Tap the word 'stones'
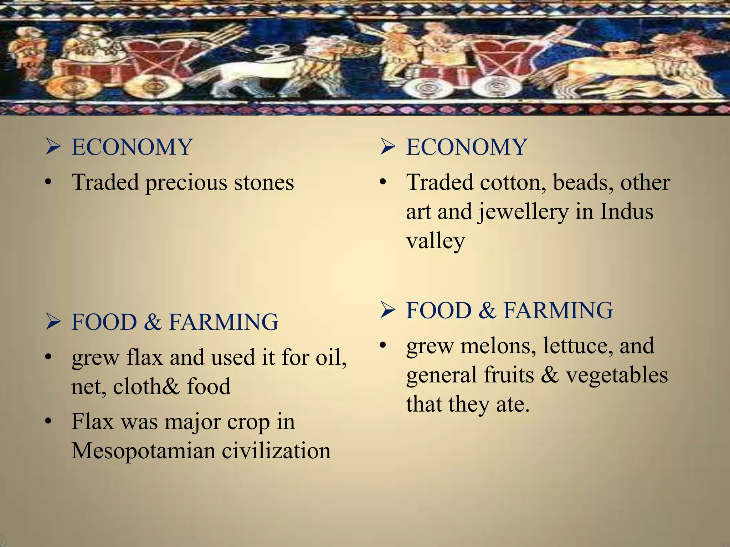click(264, 182)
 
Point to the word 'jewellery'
click(523, 212)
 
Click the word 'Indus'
click(627, 212)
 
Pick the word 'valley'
click(435, 241)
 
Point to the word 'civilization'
click(276, 451)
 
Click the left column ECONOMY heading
click(132, 147)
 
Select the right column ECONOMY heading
click(466, 147)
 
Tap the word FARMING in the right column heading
click(558, 310)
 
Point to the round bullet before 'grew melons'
click(383, 345)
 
